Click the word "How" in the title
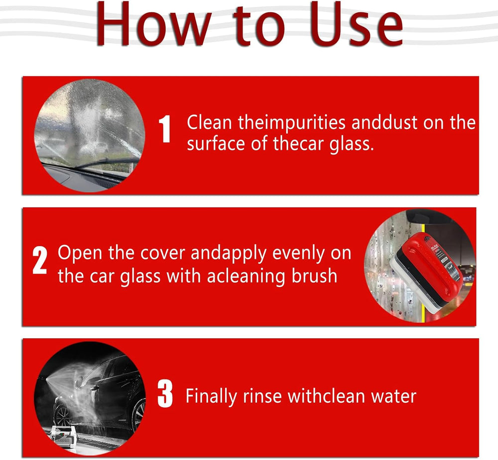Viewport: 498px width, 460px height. point(154,25)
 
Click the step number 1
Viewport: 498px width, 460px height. point(165,129)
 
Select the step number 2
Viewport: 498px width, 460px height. point(40,261)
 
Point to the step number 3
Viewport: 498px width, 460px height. point(165,394)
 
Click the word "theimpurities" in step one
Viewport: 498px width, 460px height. point(291,123)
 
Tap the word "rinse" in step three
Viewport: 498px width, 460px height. point(262,396)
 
